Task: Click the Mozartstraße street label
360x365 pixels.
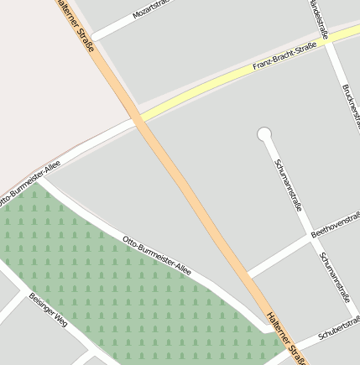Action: (152, 12)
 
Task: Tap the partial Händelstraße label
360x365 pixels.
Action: (317, 15)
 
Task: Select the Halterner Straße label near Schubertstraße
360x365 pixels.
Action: (284, 334)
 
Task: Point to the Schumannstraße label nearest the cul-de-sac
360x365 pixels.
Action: (288, 183)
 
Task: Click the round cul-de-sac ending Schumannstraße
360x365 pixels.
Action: (264, 133)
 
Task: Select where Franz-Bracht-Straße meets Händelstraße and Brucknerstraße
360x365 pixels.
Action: (329, 39)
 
